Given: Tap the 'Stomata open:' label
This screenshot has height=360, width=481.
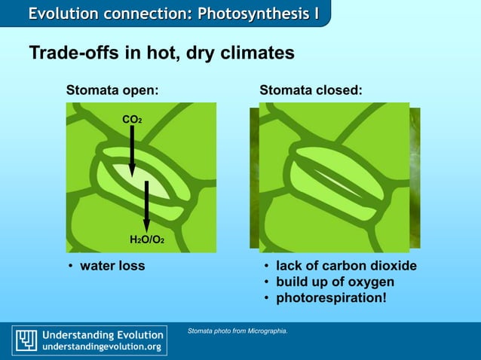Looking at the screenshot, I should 112,90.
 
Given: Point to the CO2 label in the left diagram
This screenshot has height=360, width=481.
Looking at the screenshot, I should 131,119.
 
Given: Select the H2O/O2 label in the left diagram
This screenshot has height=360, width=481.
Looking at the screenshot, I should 146,239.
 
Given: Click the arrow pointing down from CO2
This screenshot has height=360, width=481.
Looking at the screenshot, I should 132,151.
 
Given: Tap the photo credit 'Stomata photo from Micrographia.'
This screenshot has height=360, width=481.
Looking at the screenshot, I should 237,331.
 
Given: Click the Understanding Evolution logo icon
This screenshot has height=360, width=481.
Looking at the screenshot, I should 27,340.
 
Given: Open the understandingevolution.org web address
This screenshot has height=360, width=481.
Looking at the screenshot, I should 101,346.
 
